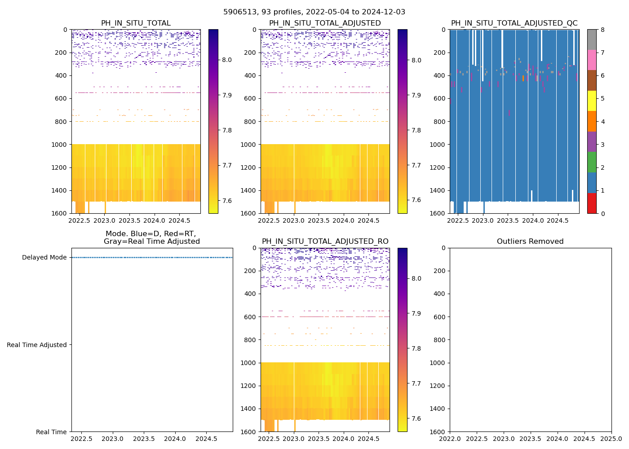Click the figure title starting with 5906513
tap(314, 12)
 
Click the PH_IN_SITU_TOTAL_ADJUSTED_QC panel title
tap(514, 23)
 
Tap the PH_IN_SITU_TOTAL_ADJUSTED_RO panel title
tap(325, 242)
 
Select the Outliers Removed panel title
tap(530, 242)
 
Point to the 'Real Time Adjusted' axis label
tap(37, 345)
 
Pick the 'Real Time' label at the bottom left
tap(51, 432)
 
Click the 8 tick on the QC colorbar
tap(602, 30)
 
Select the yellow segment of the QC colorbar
tap(592, 101)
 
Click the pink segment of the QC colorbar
tap(592, 60)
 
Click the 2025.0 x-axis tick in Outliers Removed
tap(611, 439)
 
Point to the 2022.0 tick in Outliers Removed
tap(450, 439)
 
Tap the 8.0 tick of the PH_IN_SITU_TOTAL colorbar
tap(227, 60)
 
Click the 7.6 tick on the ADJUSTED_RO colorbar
tap(416, 419)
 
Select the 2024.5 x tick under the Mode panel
tap(207, 439)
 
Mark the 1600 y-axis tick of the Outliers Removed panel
tap(440, 432)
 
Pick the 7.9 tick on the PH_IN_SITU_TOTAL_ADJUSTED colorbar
tap(416, 95)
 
